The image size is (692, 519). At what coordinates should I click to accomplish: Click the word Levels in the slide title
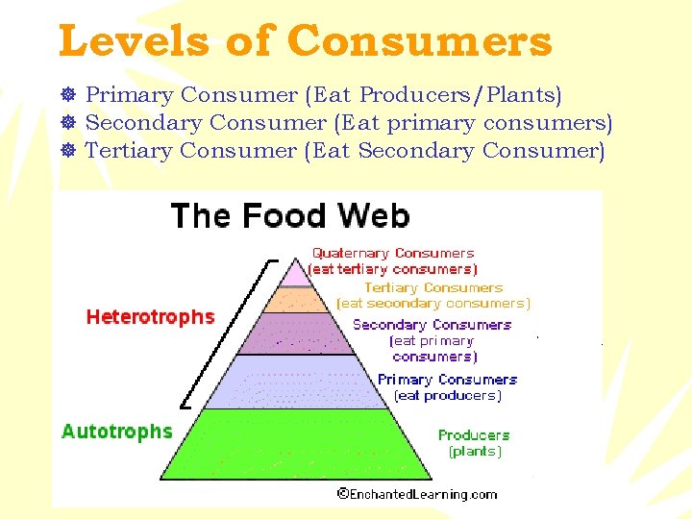point(132,41)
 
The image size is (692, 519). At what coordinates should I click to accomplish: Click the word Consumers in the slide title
point(419,41)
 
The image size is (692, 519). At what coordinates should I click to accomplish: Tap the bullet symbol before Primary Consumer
point(67,95)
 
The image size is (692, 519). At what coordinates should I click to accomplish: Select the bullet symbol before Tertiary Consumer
point(67,151)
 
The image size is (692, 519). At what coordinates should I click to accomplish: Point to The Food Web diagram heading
point(289,215)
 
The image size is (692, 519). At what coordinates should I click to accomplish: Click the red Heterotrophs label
point(150,317)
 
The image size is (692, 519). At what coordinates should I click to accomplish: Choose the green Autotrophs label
point(116,432)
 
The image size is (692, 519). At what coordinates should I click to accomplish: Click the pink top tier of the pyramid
point(293,273)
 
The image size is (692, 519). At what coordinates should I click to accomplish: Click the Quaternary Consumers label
point(392,254)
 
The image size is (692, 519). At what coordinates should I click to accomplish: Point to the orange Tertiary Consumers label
point(432,287)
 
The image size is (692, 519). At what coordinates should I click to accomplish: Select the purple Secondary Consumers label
point(432,325)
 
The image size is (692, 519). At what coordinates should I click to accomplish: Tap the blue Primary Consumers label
point(447,380)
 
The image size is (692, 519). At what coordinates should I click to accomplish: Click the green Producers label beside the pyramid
point(473,435)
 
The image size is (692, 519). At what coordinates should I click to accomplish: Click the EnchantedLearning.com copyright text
point(417,495)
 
